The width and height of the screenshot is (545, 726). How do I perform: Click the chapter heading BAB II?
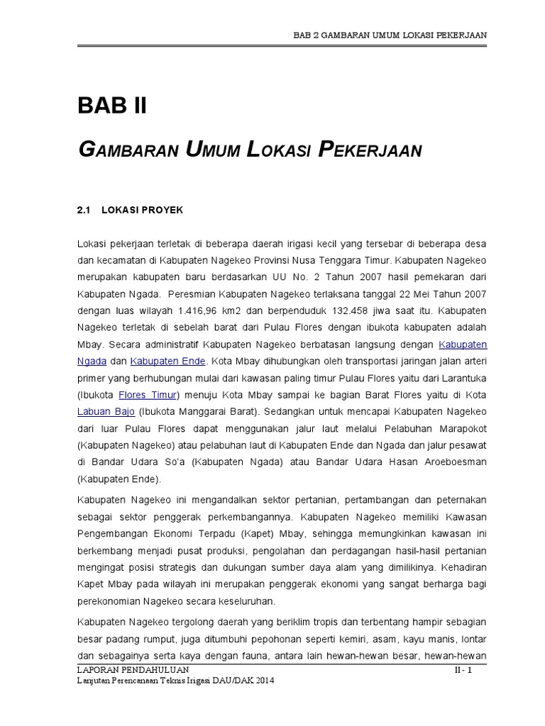tap(111, 106)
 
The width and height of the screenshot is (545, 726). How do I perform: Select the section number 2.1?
tap(84, 211)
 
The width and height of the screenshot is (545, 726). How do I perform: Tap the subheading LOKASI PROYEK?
tap(143, 211)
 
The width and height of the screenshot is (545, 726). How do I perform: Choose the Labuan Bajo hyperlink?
tap(106, 411)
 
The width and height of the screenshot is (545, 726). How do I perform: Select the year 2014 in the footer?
tap(262, 681)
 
